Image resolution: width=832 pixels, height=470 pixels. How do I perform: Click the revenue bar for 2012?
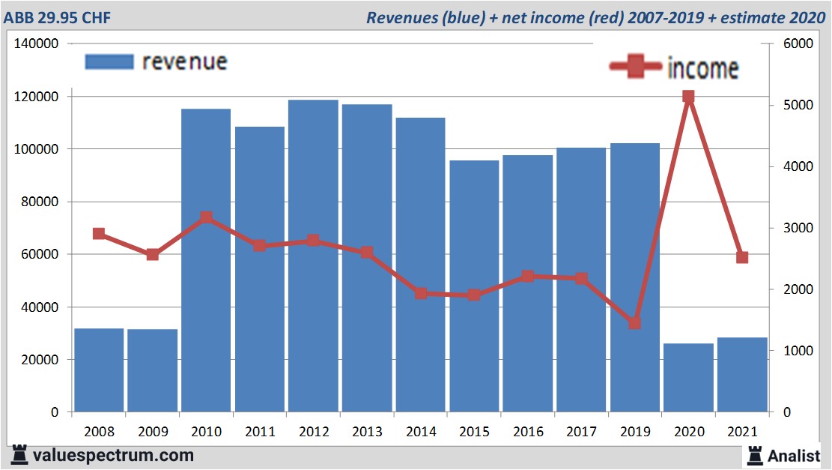(x=313, y=255)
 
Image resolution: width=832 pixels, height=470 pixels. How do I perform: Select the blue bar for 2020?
(x=688, y=378)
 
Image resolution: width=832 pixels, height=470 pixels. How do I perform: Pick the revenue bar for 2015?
(x=474, y=286)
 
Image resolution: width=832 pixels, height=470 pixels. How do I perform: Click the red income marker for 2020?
(x=688, y=97)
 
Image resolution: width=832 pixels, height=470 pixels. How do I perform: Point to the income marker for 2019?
(x=634, y=323)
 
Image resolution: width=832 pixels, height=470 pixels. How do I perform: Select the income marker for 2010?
(x=206, y=217)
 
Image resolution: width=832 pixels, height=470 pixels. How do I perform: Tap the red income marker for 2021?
(x=742, y=257)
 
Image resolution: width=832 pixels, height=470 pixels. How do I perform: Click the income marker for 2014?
(x=420, y=293)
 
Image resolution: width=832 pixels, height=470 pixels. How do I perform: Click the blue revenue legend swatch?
(x=109, y=61)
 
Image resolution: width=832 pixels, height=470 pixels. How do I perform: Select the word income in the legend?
(x=702, y=68)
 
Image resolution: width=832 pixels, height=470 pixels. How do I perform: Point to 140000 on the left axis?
(x=37, y=44)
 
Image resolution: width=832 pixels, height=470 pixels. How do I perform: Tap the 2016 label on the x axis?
(x=528, y=432)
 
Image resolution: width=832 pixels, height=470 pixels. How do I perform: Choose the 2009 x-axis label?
(x=153, y=432)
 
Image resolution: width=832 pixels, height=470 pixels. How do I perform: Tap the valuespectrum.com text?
(x=113, y=455)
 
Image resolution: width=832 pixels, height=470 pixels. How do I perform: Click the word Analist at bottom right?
(x=794, y=455)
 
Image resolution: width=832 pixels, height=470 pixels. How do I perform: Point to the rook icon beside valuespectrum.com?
(x=19, y=454)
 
